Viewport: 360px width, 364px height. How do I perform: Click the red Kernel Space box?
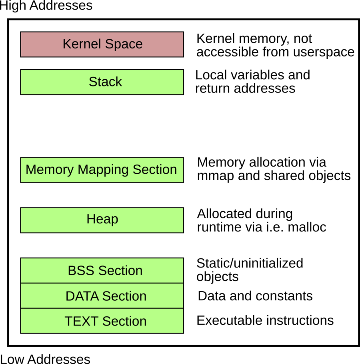click(102, 44)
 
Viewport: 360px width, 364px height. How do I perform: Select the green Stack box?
click(102, 82)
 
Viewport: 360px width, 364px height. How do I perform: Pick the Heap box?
click(102, 220)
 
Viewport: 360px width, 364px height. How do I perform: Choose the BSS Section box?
click(102, 270)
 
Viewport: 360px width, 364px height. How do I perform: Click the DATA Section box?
click(102, 296)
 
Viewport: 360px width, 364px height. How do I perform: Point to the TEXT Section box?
click(102, 321)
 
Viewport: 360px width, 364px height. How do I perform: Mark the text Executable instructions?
click(265, 320)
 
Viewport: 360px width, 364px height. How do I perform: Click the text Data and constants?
click(255, 296)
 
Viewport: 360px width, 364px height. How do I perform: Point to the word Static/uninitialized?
click(250, 263)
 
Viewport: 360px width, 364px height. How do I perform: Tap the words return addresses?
click(245, 88)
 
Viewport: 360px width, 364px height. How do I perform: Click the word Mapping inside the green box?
click(102, 169)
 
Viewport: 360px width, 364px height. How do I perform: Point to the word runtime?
click(220, 227)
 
